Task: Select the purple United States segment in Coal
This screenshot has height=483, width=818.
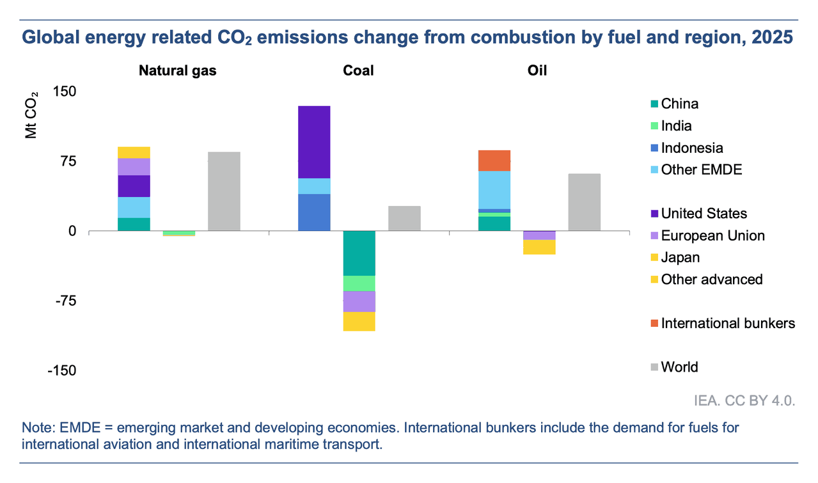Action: pyautogui.click(x=314, y=141)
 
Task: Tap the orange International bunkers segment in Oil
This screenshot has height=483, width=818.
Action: pyautogui.click(x=494, y=160)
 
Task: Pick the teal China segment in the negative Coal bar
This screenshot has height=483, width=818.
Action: pyautogui.click(x=359, y=253)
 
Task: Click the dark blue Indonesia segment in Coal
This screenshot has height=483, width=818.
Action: pyautogui.click(x=314, y=212)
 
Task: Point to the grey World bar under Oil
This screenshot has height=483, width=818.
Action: pyautogui.click(x=584, y=202)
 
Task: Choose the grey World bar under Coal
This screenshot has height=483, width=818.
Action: pyautogui.click(x=404, y=218)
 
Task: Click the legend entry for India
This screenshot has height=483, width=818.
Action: pyautogui.click(x=676, y=126)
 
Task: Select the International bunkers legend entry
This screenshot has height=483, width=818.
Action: pyautogui.click(x=727, y=323)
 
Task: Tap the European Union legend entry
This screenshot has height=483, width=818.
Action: pyautogui.click(x=712, y=235)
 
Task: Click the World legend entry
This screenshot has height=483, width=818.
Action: pyautogui.click(x=679, y=367)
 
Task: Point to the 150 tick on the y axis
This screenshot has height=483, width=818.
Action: pyautogui.click(x=63, y=91)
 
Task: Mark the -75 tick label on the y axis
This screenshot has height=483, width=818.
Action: pyautogui.click(x=63, y=301)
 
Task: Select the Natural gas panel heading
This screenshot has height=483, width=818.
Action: pyautogui.click(x=178, y=70)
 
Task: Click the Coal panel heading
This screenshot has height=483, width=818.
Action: pyautogui.click(x=358, y=70)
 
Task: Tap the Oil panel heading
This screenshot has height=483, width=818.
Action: pyautogui.click(x=538, y=70)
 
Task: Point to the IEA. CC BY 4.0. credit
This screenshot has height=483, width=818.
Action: pyautogui.click(x=744, y=401)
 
